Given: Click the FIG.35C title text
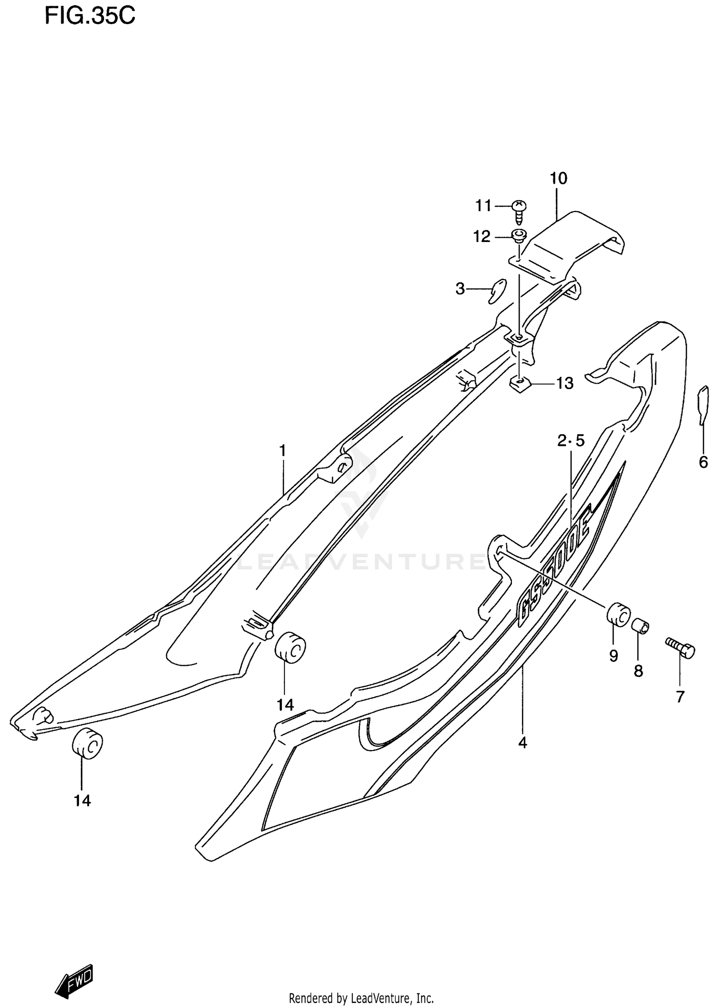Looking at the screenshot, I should click(90, 16).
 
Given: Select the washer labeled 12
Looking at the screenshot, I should click(519, 236).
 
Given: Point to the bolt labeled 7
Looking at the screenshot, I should click(681, 647).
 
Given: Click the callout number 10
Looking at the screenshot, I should click(559, 178).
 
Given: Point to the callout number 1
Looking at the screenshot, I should click(283, 451).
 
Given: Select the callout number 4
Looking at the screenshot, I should click(522, 743).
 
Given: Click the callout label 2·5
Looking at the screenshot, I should click(571, 440).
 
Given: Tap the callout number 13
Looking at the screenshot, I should click(565, 384).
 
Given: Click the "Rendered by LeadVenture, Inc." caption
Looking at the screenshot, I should click(361, 997).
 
